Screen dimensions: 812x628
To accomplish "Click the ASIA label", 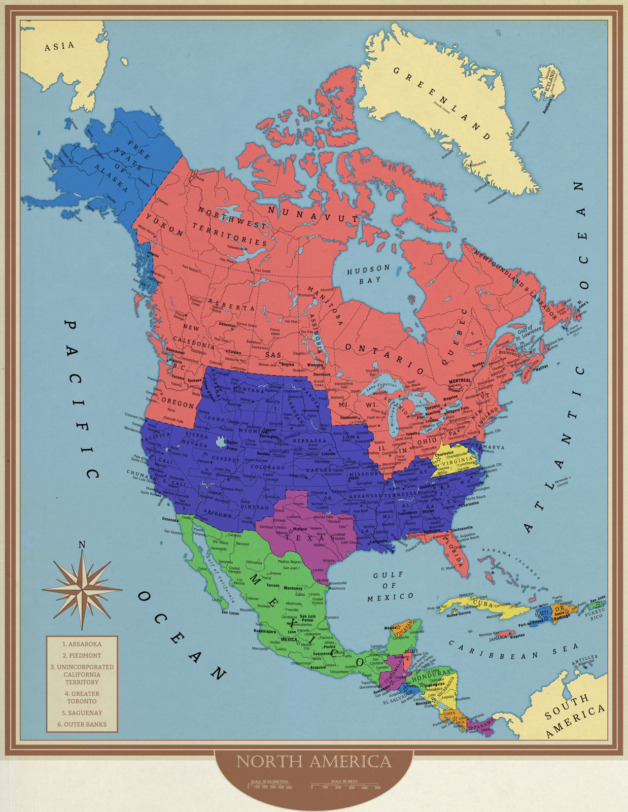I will click(x=59, y=46).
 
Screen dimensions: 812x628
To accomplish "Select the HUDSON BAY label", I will click(x=368, y=274).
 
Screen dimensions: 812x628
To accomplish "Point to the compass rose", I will click(x=82, y=590).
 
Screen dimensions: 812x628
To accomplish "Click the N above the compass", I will click(x=82, y=545).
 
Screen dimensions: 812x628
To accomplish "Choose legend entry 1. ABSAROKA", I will click(x=82, y=644).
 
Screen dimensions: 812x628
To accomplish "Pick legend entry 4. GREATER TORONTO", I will click(x=82, y=697).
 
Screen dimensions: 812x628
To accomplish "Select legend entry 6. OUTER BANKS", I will click(x=82, y=724).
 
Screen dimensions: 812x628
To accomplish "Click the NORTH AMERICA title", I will click(x=314, y=762).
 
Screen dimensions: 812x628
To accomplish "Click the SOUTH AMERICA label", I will click(x=575, y=715).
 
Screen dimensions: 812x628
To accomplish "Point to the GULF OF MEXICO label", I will click(x=390, y=586).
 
